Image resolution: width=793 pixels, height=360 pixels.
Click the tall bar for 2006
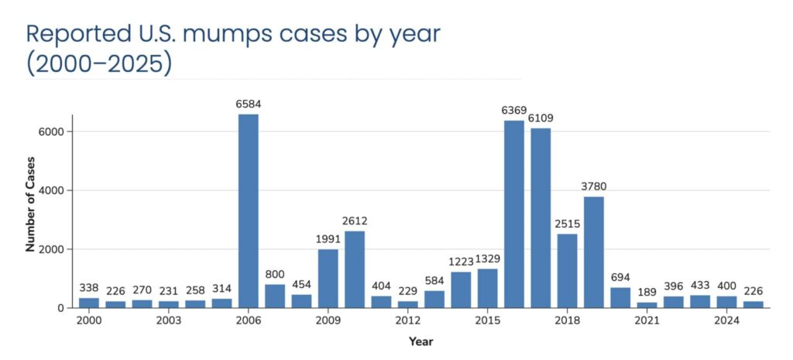click(248, 211)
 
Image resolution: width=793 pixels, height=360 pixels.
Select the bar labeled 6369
click(513, 214)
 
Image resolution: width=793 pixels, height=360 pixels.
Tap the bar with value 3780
click(593, 252)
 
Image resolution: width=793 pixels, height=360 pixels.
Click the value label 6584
click(248, 104)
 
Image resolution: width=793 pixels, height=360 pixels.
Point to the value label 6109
click(541, 118)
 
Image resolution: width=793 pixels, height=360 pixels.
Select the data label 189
click(647, 291)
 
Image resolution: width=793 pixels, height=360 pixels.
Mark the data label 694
click(620, 276)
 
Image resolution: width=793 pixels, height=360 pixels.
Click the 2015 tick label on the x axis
click(487, 321)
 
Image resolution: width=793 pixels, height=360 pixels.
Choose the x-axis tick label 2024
click(726, 321)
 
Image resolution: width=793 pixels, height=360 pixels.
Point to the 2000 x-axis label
click(89, 321)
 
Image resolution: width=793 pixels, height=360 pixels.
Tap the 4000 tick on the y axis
click(53, 190)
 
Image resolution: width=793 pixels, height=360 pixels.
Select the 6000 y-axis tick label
click(53, 132)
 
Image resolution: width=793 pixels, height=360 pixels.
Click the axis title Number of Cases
click(31, 211)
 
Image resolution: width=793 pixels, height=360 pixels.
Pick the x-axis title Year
click(421, 340)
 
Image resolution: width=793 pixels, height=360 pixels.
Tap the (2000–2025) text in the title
click(99, 63)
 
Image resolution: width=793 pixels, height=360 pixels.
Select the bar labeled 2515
click(567, 270)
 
